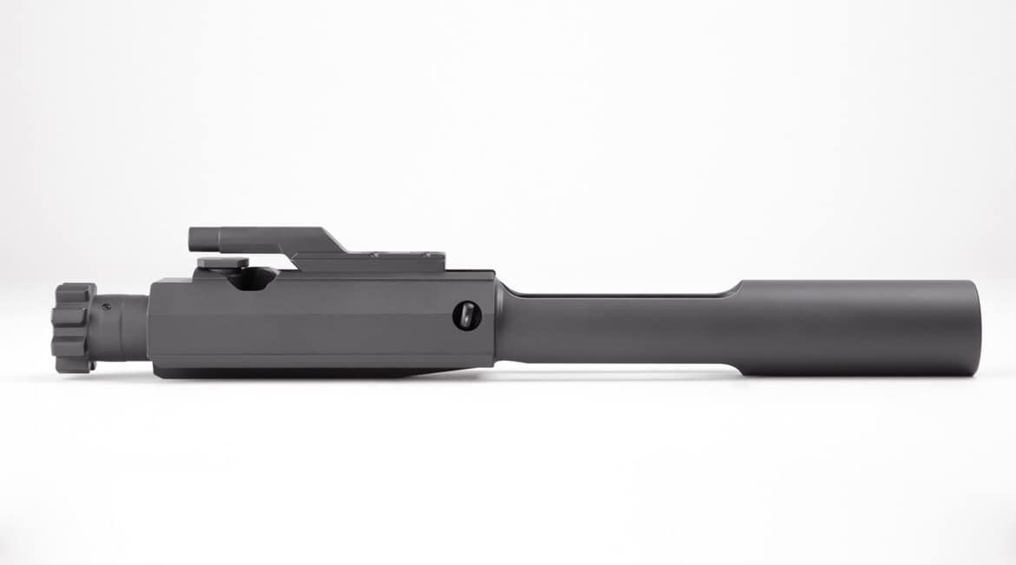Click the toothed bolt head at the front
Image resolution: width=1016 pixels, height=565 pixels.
pos(74,329)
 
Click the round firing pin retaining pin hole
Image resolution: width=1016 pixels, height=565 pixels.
pos(465,316)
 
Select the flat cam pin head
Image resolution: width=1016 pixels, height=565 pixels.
pos(222,263)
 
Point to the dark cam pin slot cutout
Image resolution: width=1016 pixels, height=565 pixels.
pos(254,277)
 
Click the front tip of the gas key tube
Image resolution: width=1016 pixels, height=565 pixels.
pos(193,236)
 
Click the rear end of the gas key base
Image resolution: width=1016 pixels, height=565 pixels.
pos(443,260)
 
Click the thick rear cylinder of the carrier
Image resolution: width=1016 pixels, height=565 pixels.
pos(860,329)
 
